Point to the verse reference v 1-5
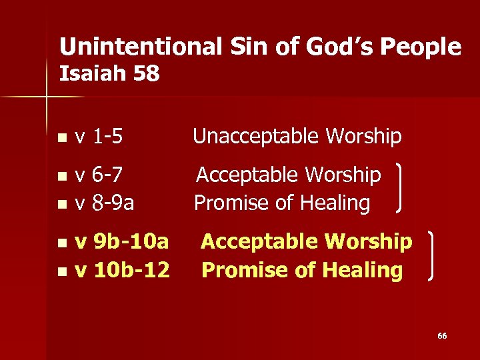tap(99, 137)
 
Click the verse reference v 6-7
tap(99, 175)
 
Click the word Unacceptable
tap(252, 137)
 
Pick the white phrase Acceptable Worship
tap(288, 175)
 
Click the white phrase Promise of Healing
tap(282, 203)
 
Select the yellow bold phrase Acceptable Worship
tap(307, 241)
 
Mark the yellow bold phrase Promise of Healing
tap(302, 270)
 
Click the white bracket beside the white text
tap(401, 189)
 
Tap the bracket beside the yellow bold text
tap(435, 256)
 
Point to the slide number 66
tap(442, 336)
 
